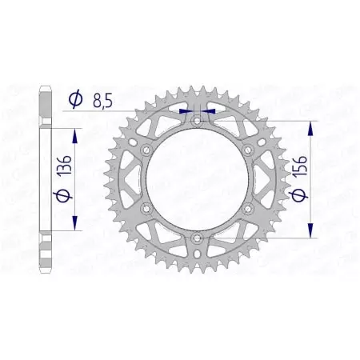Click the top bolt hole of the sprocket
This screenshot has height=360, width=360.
[197, 120]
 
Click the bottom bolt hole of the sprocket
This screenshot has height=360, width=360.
[197, 238]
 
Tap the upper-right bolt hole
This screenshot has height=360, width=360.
[248, 150]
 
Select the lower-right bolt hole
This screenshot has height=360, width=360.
[248, 208]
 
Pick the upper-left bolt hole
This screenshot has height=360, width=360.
[146, 150]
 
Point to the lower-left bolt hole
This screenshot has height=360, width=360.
[146, 208]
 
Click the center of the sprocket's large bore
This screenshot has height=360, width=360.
[197, 179]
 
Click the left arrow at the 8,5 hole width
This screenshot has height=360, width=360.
[186, 111]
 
